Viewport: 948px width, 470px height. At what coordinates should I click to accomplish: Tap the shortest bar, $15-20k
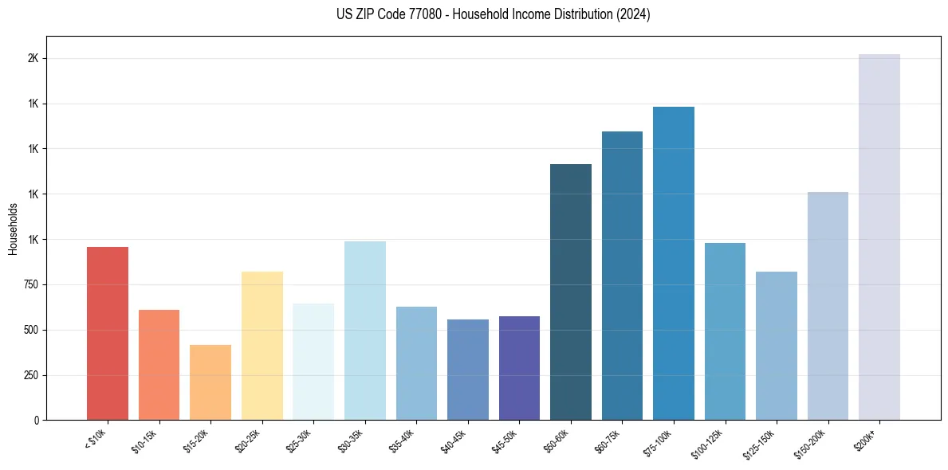click(x=210, y=382)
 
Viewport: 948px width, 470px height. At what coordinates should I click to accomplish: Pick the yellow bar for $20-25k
click(x=262, y=346)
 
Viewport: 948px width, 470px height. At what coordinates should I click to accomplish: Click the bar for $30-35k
click(x=364, y=331)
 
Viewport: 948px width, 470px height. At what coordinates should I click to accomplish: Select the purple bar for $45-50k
click(x=519, y=368)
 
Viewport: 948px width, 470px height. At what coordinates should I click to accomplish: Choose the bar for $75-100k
click(x=674, y=263)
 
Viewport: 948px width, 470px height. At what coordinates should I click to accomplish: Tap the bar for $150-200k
click(x=828, y=306)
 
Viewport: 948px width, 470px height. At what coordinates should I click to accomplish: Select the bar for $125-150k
click(x=777, y=346)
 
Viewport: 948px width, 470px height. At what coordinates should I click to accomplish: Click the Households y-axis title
click(x=14, y=229)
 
